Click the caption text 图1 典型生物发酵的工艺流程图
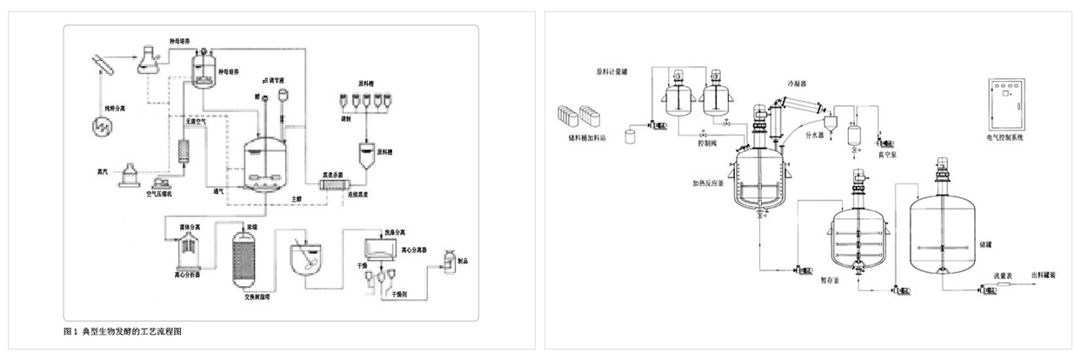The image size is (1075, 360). (123, 331)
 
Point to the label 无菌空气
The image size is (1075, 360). (193, 122)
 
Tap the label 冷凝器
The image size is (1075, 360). (797, 84)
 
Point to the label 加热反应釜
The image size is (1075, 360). (710, 183)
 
